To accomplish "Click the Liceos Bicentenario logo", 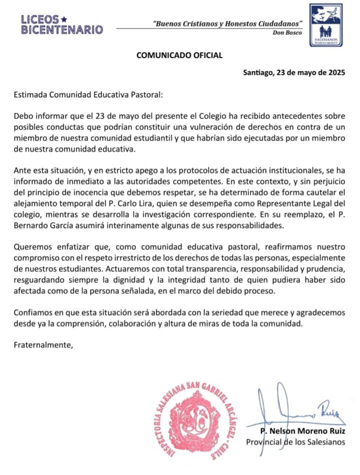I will point(62,24).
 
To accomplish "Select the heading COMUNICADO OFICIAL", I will point(179,55).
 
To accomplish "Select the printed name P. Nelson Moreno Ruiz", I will point(302,431).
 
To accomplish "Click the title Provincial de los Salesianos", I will point(295,441).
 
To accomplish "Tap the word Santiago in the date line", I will point(257,72).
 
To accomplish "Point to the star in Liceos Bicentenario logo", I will point(63,19).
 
